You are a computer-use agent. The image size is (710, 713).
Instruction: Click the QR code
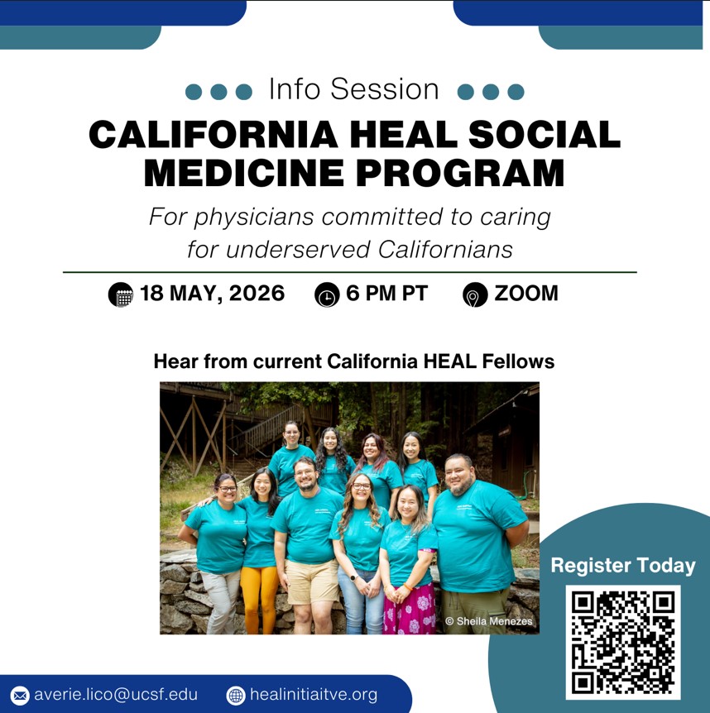click(622, 642)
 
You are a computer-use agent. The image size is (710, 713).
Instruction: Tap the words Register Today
click(623, 566)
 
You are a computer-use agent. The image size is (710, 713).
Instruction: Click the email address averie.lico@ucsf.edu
click(116, 694)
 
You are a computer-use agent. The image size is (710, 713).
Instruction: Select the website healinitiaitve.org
click(314, 694)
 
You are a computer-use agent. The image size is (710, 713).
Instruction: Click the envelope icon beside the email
click(20, 696)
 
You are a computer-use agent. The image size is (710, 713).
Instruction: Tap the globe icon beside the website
click(236, 696)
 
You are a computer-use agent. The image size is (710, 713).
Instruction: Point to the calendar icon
click(121, 294)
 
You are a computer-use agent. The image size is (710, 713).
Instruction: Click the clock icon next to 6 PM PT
click(327, 294)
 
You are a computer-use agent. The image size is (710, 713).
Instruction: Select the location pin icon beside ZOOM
click(475, 294)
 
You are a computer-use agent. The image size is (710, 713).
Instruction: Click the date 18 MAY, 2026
click(212, 294)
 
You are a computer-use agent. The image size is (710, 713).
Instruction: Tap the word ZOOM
click(526, 294)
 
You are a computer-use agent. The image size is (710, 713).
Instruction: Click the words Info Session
click(354, 89)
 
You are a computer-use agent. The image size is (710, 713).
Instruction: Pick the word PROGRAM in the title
click(460, 173)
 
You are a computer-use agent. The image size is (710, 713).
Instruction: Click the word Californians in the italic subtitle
click(445, 249)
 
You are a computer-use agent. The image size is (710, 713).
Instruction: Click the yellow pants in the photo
click(259, 599)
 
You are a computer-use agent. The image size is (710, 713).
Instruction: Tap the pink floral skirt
click(410, 609)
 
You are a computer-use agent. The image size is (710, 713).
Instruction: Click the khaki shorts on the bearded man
click(312, 582)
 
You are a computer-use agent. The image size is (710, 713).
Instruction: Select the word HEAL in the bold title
click(404, 135)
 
